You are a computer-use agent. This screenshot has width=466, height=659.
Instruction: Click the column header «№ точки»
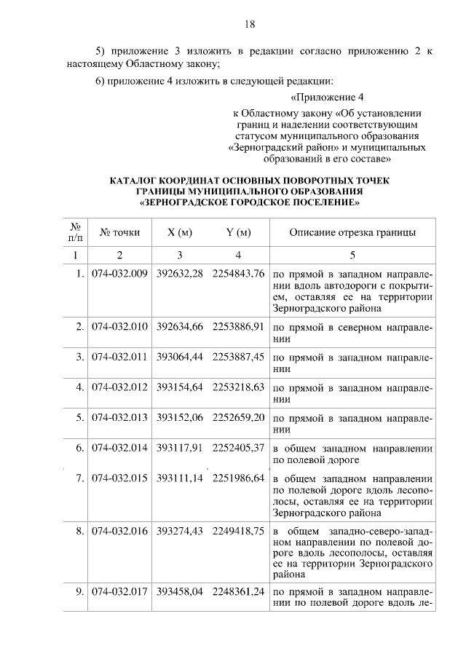click(x=120, y=233)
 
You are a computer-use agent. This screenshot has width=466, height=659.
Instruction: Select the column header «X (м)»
click(x=179, y=233)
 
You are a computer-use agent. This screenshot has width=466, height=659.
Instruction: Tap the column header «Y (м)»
click(x=238, y=233)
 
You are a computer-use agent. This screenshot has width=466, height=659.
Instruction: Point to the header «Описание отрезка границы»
click(x=353, y=233)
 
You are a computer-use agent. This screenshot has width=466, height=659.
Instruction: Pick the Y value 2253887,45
click(x=238, y=358)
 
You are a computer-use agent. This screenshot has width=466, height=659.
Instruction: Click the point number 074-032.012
click(x=120, y=387)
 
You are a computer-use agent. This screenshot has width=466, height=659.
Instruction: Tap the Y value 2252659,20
click(x=238, y=417)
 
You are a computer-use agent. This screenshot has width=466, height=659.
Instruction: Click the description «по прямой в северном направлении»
click(x=353, y=333)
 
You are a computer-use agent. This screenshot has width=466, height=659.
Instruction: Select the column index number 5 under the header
click(x=353, y=255)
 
